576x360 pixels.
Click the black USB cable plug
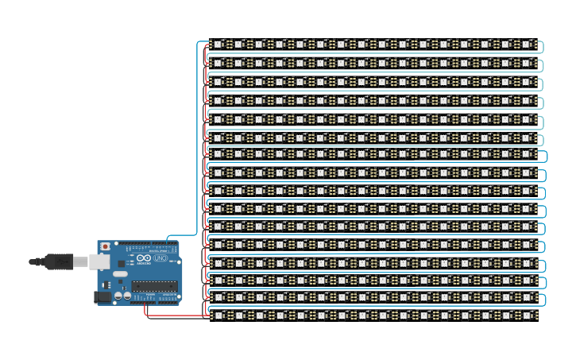point(59,261)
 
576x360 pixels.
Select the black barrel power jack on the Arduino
point(102,296)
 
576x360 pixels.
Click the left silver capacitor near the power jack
point(118,296)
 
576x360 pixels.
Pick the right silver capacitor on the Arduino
point(126,296)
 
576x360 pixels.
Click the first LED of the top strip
point(217,45)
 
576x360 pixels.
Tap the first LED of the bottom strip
point(217,315)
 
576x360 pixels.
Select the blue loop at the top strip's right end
point(543,48)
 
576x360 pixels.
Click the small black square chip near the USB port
point(119,256)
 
